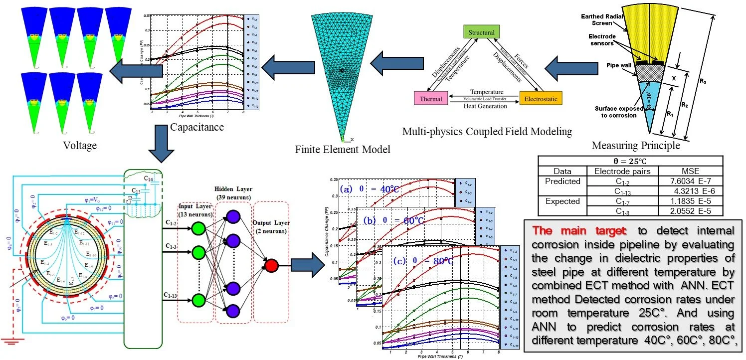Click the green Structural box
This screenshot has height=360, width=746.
click(x=481, y=32)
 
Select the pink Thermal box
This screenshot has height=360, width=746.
click(x=430, y=98)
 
